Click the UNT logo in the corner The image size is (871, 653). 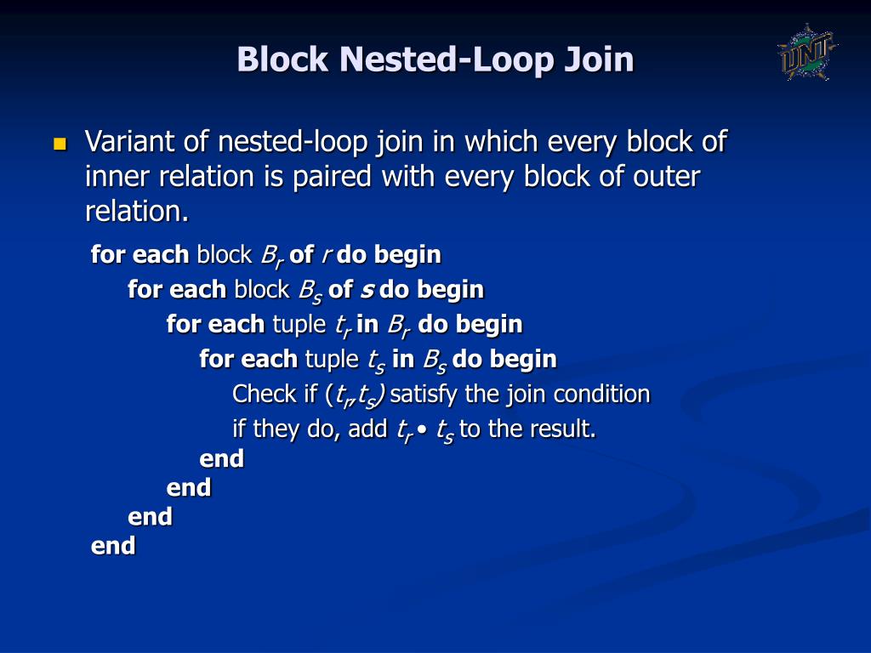(x=806, y=52)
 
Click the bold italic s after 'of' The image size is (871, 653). (x=367, y=290)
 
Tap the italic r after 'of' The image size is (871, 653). (x=326, y=255)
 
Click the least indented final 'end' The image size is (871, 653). (x=113, y=545)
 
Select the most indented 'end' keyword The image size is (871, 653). (x=221, y=459)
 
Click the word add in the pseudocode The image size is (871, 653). (x=367, y=429)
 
